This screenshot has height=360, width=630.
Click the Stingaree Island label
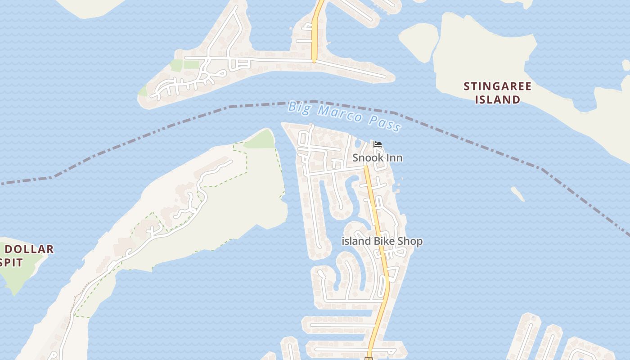click(497, 93)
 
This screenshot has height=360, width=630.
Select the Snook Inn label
click(377, 158)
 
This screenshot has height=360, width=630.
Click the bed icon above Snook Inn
click(378, 144)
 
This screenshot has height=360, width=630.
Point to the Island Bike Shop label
click(382, 241)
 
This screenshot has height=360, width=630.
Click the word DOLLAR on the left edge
click(29, 249)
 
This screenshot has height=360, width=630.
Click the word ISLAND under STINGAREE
click(498, 99)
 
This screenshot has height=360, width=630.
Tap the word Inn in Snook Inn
click(394, 158)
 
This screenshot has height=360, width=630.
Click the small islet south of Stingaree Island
click(518, 194)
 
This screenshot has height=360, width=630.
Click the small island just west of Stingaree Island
click(419, 41)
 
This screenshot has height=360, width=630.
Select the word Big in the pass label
click(299, 107)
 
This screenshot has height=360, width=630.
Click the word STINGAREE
click(497, 86)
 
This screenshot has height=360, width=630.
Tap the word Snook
click(368, 158)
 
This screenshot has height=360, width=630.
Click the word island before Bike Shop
click(356, 241)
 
